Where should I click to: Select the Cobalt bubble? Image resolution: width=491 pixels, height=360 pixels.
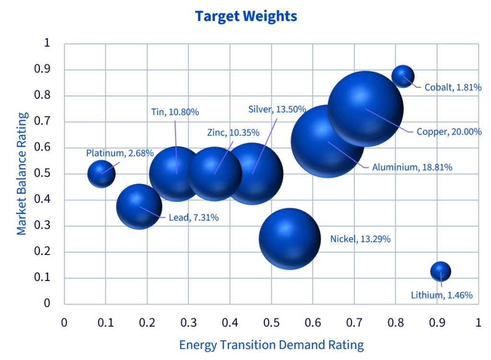tap(403, 76)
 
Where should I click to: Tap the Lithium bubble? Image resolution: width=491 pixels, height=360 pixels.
tap(441, 271)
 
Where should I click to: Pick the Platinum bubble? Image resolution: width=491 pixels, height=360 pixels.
tap(102, 174)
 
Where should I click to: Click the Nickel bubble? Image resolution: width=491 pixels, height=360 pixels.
tap(290, 239)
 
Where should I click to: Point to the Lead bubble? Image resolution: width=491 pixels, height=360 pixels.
tap(139, 207)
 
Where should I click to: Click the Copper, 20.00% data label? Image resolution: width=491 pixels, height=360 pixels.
tap(449, 132)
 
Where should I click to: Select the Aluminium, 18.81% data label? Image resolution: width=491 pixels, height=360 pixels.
tap(412, 167)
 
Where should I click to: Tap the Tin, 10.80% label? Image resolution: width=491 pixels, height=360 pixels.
tap(175, 112)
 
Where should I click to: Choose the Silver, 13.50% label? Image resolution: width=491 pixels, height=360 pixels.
tap(277, 109)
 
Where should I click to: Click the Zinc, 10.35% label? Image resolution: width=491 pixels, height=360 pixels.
tap(234, 133)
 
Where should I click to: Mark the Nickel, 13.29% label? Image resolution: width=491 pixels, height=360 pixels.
tap(361, 239)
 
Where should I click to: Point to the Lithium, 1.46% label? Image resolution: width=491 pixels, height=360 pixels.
tap(442, 295)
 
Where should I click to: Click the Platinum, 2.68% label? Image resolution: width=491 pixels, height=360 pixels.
tap(120, 153)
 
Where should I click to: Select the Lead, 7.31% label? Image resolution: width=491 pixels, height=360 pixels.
tap(194, 218)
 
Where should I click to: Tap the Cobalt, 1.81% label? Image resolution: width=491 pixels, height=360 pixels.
tap(453, 87)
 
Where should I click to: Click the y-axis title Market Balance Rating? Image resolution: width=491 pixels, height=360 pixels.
tap(22, 174)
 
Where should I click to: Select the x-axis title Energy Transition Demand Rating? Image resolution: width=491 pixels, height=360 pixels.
tap(271, 345)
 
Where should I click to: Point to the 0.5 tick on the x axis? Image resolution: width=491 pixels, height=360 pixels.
tap(271, 323)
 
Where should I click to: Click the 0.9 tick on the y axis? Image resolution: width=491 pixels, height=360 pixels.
tap(42, 69)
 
